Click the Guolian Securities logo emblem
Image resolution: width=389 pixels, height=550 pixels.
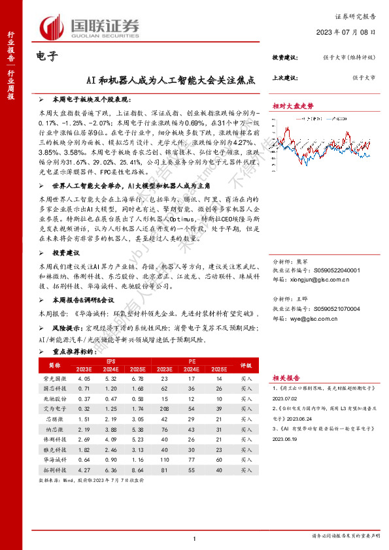(x=52, y=27)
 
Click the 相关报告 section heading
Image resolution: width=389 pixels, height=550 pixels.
(x=286, y=378)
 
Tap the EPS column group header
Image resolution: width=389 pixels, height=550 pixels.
(x=109, y=361)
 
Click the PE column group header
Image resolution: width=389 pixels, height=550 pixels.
(x=192, y=361)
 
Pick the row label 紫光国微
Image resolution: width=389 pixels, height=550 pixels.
(x=54, y=378)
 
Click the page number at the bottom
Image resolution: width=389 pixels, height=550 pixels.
(x=195, y=538)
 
